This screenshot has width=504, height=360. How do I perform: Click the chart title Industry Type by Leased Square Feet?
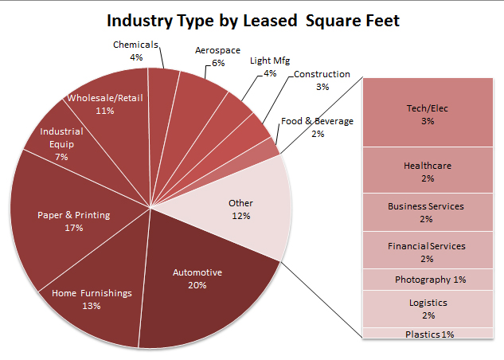pyautogui.click(x=252, y=20)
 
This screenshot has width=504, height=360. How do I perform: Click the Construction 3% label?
pyautogui.click(x=322, y=80)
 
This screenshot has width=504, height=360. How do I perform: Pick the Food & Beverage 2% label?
pyautogui.click(x=317, y=127)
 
